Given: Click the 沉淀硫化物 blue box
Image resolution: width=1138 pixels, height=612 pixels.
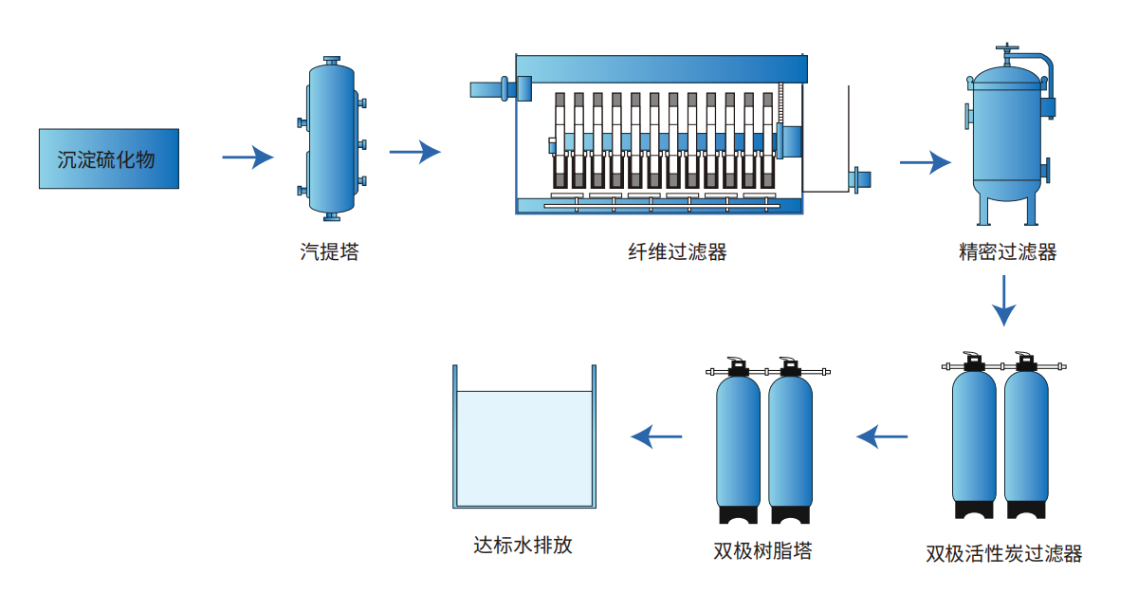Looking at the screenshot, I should point(108,158).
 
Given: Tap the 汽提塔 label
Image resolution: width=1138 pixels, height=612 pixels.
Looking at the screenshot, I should point(329,252).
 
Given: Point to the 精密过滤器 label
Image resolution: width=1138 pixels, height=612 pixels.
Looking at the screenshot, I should point(1007,252).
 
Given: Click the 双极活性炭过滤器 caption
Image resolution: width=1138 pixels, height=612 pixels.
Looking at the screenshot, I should point(1003,553).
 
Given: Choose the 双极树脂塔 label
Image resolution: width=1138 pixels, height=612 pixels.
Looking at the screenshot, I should point(762,550).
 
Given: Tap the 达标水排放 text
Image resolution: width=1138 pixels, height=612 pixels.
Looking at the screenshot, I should point(523,547).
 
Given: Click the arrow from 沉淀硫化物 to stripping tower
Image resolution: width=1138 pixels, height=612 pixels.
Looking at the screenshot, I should point(248,158).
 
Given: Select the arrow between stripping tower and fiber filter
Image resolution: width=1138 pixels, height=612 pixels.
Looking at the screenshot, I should point(415,151).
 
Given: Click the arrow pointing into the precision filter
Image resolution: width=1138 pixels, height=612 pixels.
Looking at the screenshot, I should point(925,162).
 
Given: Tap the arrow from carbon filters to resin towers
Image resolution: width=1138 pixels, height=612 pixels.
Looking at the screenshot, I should point(882,436).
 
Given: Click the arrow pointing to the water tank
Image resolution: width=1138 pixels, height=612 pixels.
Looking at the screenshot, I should point(656,436).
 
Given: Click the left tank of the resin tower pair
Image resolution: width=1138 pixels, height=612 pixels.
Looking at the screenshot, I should point(738,441).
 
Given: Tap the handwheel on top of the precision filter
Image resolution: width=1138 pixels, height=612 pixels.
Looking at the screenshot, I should point(1009,47).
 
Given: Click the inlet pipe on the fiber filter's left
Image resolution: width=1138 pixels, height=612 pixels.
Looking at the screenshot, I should point(492,89).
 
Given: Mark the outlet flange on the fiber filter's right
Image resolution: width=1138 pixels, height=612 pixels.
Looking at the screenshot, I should point(861,178).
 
